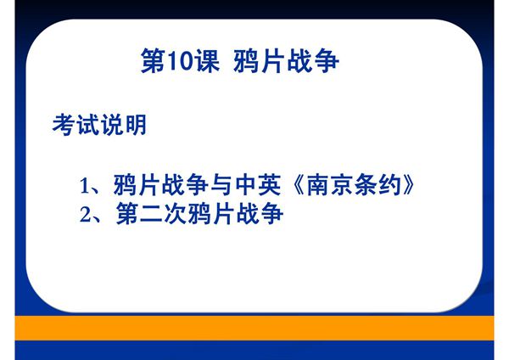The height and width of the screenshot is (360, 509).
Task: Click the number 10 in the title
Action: [x=181, y=62]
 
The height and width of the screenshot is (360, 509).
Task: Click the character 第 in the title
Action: [x=153, y=62]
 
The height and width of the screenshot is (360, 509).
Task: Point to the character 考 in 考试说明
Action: [x=64, y=125]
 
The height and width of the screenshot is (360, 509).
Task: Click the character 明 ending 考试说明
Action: [x=136, y=125]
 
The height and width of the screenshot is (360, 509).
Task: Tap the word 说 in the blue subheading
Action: [x=112, y=125]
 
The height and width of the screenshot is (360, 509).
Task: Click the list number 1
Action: [x=84, y=185]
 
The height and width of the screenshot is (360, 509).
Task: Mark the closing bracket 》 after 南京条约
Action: [x=410, y=185]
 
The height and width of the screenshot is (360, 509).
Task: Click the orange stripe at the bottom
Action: [x=255, y=328]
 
